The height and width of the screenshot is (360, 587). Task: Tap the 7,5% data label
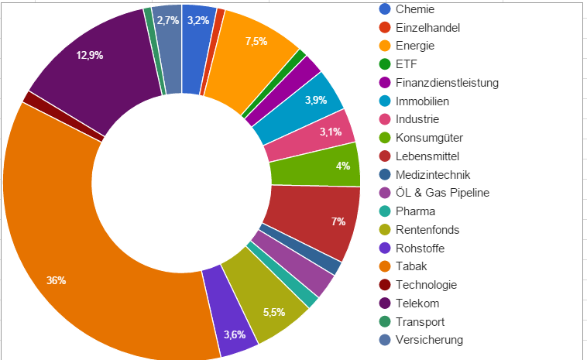tap(256, 41)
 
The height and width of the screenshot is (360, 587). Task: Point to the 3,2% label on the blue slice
tap(198, 20)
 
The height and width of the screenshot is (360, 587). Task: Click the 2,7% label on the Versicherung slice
tap(167, 20)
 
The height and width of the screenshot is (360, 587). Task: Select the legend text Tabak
tap(411, 266)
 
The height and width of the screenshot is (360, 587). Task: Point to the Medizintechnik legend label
tap(432, 175)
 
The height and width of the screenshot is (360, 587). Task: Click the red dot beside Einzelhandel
tap(385, 28)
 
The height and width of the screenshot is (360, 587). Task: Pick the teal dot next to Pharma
tap(385, 211)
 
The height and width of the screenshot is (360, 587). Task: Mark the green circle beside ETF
tap(385, 64)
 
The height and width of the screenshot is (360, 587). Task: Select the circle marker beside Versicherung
tap(385, 340)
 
